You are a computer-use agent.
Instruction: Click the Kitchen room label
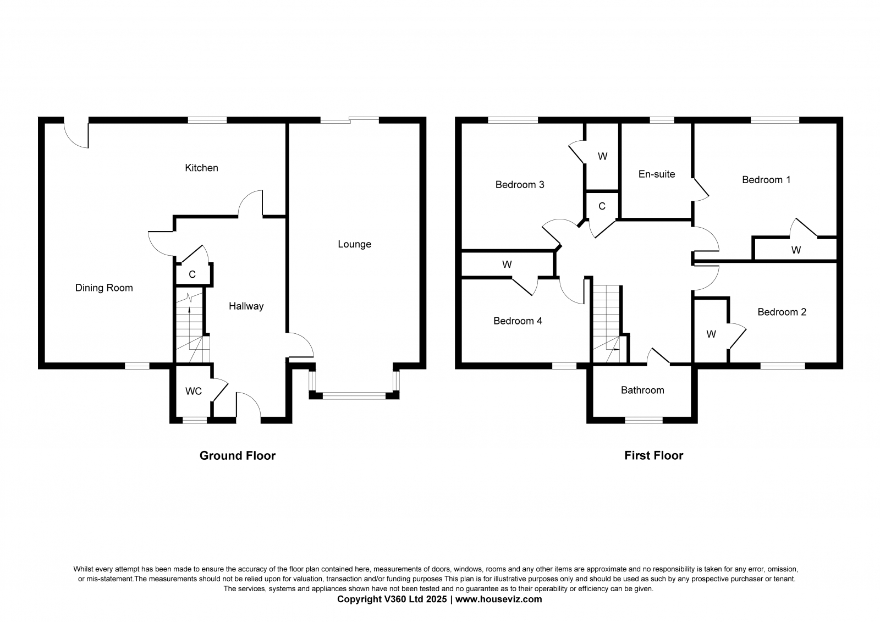201,168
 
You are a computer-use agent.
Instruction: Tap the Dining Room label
104,288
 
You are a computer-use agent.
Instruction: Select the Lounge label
354,244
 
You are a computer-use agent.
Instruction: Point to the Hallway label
246,306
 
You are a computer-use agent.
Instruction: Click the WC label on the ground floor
194,391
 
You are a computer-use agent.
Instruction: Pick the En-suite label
657,174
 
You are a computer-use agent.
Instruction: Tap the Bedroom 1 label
766,180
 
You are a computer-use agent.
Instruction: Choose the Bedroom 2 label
782,312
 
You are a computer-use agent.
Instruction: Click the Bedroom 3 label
520,185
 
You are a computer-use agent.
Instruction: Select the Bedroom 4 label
518,321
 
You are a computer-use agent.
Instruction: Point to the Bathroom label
642,390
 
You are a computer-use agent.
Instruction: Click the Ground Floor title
237,455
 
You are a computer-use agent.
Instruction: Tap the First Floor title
654,455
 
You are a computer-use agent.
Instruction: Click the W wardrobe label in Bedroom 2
711,334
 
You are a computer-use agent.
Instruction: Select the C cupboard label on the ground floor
192,274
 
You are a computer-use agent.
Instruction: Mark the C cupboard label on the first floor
602,206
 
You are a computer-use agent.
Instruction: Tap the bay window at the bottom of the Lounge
354,395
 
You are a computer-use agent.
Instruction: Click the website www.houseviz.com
498,599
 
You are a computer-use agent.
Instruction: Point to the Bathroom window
644,420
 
